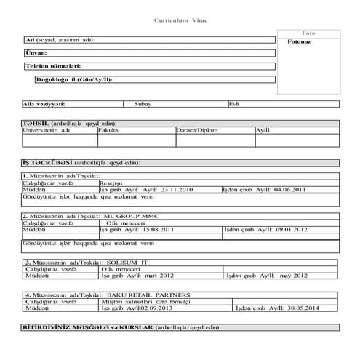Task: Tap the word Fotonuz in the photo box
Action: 300,41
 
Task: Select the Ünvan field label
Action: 36,53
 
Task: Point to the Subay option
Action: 143,104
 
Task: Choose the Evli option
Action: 234,104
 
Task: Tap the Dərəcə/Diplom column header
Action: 196,130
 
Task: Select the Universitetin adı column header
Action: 47,130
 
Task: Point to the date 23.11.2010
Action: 174,189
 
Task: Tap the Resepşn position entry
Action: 112,183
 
